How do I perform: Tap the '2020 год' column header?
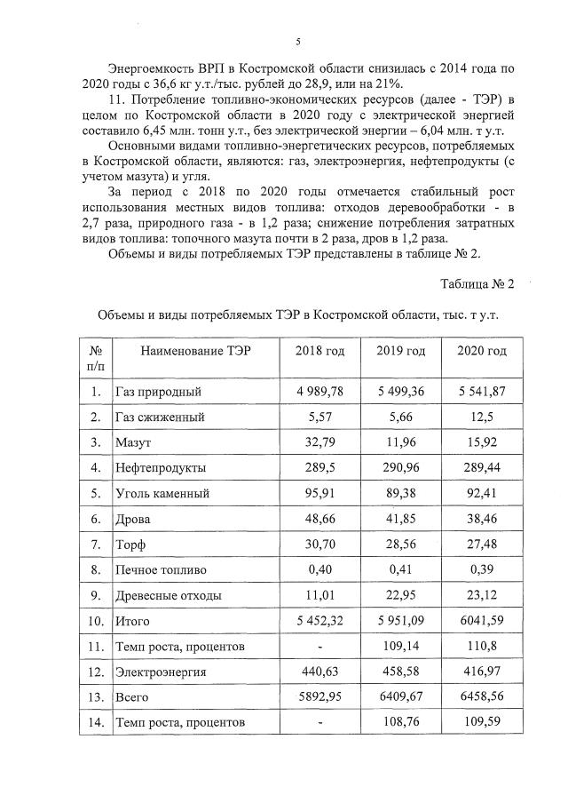pos(482,352)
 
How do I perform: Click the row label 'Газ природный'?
pos(160,391)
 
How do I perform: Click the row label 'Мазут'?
pos(135,441)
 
